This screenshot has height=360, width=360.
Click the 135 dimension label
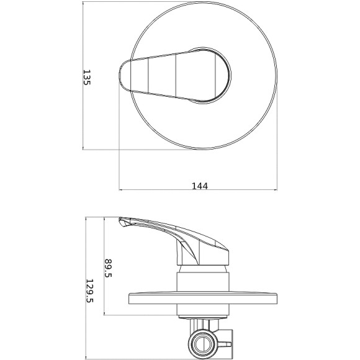(x=87, y=78)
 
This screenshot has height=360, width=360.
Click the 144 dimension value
(x=200, y=186)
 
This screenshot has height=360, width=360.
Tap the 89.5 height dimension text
(x=108, y=268)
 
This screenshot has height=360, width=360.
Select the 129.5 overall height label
(x=89, y=290)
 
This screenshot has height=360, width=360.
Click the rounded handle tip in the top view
(x=124, y=75)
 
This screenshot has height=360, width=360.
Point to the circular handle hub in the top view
(x=209, y=76)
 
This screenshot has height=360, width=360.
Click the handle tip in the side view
(x=123, y=222)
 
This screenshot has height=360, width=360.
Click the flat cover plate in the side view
(x=203, y=299)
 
